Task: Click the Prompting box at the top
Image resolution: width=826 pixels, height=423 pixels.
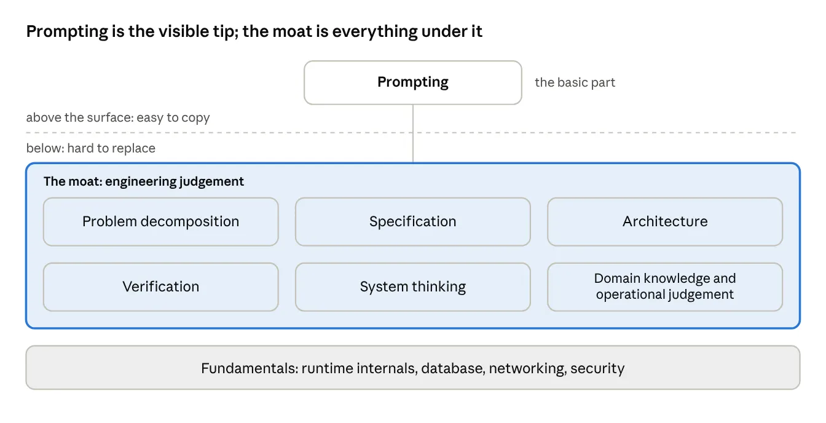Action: click(x=412, y=82)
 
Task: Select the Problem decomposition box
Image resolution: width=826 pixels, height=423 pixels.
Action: click(x=161, y=221)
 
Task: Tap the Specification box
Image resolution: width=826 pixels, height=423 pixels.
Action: click(x=412, y=221)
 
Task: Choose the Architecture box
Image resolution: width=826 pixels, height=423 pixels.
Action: click(x=665, y=221)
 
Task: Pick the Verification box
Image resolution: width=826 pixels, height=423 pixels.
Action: click(x=161, y=287)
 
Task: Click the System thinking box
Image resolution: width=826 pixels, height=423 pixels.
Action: click(x=412, y=287)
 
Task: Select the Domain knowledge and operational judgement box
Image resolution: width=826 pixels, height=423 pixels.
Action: click(x=665, y=287)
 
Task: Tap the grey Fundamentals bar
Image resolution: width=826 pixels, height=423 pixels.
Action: click(x=412, y=368)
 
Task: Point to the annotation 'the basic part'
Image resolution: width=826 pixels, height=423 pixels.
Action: click(x=575, y=82)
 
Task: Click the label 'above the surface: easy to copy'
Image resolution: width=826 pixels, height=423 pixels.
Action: click(x=118, y=117)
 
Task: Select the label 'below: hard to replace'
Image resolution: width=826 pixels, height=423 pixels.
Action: click(x=91, y=148)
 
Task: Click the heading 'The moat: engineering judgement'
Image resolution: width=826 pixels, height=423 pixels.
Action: click(x=144, y=181)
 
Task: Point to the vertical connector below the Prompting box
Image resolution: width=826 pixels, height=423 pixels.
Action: click(x=412, y=133)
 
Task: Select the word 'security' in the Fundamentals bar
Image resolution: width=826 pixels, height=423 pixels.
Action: click(x=597, y=368)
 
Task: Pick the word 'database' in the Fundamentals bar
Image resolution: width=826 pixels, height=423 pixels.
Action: click(x=453, y=368)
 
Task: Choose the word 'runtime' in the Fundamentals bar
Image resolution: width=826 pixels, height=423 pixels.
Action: click(x=327, y=368)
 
